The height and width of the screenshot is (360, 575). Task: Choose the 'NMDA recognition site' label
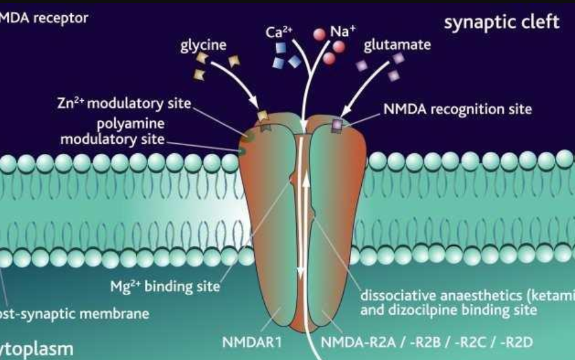click(x=457, y=109)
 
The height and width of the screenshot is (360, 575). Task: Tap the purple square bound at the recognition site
click(x=337, y=125)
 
